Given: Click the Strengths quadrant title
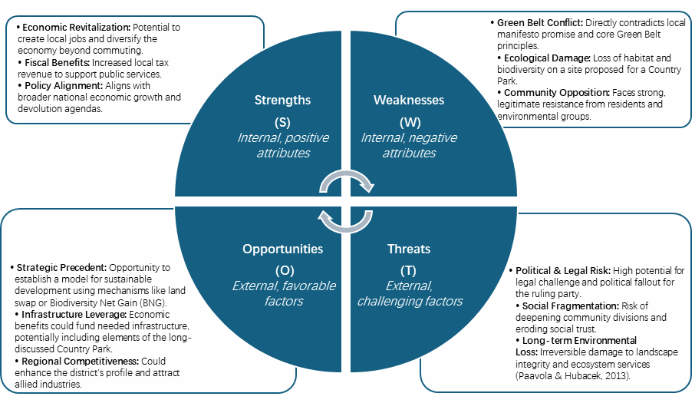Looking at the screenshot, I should [282, 100].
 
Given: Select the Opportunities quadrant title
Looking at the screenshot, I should [282, 249].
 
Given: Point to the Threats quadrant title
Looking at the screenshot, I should [409, 249].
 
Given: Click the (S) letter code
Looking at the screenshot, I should [282, 123].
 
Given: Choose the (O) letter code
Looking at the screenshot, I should [283, 270].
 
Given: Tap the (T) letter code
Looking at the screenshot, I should [408, 270].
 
